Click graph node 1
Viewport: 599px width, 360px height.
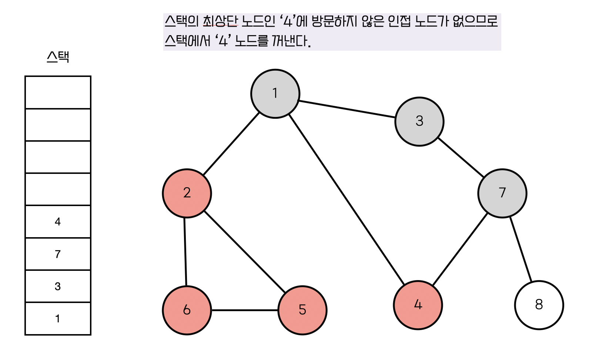click(275, 94)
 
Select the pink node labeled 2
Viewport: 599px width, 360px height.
click(187, 193)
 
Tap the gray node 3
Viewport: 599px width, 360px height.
click(419, 121)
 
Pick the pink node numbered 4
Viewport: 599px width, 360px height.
click(418, 305)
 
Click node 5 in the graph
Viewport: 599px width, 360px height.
click(302, 310)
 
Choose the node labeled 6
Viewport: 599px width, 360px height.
click(187, 310)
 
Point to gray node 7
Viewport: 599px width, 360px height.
click(502, 193)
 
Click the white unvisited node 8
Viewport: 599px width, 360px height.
click(539, 305)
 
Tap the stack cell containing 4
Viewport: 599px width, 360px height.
click(58, 222)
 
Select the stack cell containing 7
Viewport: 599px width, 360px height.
click(58, 254)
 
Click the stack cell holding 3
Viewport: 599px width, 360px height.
click(58, 286)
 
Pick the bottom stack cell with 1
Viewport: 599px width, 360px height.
click(58, 319)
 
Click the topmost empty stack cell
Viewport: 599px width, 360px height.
click(58, 92)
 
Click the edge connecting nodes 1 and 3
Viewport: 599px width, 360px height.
click(347, 109)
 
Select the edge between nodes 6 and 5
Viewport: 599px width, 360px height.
click(244, 310)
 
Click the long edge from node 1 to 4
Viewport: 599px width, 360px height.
click(347, 200)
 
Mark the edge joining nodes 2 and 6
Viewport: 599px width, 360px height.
click(185, 252)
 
